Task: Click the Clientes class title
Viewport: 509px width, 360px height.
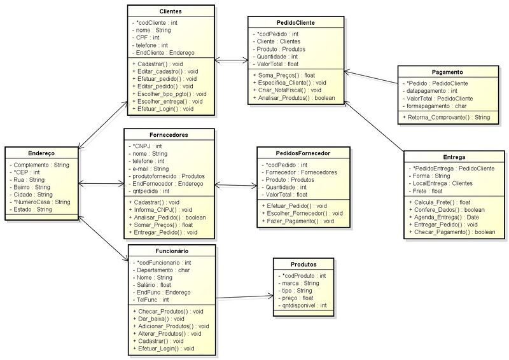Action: pos(170,11)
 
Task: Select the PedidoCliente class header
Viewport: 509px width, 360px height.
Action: pos(296,23)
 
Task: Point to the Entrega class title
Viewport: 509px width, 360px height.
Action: pos(453,156)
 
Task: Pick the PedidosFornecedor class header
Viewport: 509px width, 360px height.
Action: pos(303,153)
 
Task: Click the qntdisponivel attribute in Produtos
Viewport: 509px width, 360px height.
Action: pos(302,305)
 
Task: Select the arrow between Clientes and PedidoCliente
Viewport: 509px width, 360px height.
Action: pos(232,61)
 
